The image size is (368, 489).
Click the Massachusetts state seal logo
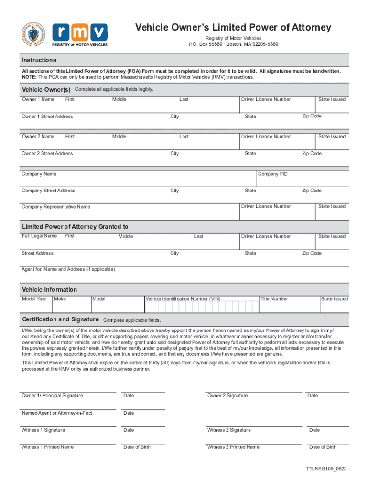pos(33,34)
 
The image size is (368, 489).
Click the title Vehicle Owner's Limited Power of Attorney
pos(233,27)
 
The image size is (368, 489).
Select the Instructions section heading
pos(39,60)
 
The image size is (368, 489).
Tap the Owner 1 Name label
pos(38,99)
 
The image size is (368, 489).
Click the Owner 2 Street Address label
pos(47,154)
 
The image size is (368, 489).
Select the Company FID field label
pos(273,174)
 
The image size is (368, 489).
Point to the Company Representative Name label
pos(56,207)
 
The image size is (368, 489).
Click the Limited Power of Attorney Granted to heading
pos(75,227)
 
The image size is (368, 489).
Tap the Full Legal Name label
pos(39,236)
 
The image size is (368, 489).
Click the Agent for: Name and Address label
pos(68,269)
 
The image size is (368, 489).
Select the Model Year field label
pos(34,299)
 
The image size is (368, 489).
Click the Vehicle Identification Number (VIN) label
pos(183,299)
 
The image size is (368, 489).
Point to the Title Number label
pos(274,299)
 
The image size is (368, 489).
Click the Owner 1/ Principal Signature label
pos(52,395)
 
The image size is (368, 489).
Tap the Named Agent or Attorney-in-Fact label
pos(57,413)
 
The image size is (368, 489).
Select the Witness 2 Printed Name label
pos(233,447)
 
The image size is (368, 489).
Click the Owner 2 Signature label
pos(227,395)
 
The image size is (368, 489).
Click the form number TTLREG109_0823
pos(326,469)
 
